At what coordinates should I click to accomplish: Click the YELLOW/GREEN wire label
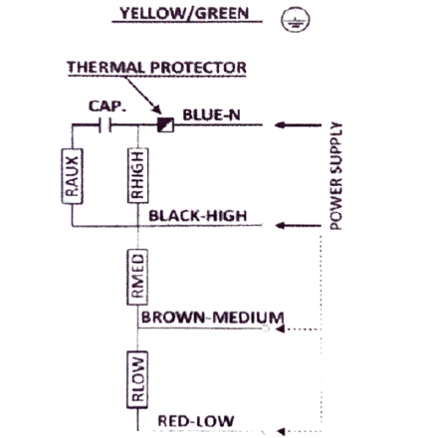click(x=184, y=14)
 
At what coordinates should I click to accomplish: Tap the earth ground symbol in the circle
click(x=296, y=20)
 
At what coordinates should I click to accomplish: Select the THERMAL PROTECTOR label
click(x=157, y=68)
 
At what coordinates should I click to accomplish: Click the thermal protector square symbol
click(x=165, y=124)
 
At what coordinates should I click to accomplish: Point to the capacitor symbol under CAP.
click(x=106, y=125)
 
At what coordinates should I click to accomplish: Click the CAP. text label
click(x=108, y=107)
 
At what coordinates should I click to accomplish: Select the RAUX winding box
click(x=72, y=176)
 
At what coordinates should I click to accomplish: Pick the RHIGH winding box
click(x=137, y=175)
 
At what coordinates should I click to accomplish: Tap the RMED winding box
click(x=137, y=277)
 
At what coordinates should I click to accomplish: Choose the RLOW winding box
click(x=137, y=379)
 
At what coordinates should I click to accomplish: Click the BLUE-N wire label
click(x=211, y=115)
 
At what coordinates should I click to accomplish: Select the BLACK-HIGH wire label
click(x=198, y=216)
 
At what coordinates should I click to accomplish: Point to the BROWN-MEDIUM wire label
click(x=212, y=318)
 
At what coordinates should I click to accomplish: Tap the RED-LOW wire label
click(x=196, y=421)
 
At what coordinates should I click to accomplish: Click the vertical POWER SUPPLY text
click(x=335, y=176)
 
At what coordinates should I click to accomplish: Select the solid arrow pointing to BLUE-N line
click(x=298, y=125)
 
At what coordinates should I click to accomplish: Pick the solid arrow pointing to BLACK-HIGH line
click(x=299, y=226)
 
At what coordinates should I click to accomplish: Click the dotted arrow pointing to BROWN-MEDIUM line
click(x=299, y=329)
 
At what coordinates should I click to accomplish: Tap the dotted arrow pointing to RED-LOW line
click(x=299, y=431)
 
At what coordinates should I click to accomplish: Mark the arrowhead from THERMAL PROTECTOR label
click(x=156, y=109)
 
